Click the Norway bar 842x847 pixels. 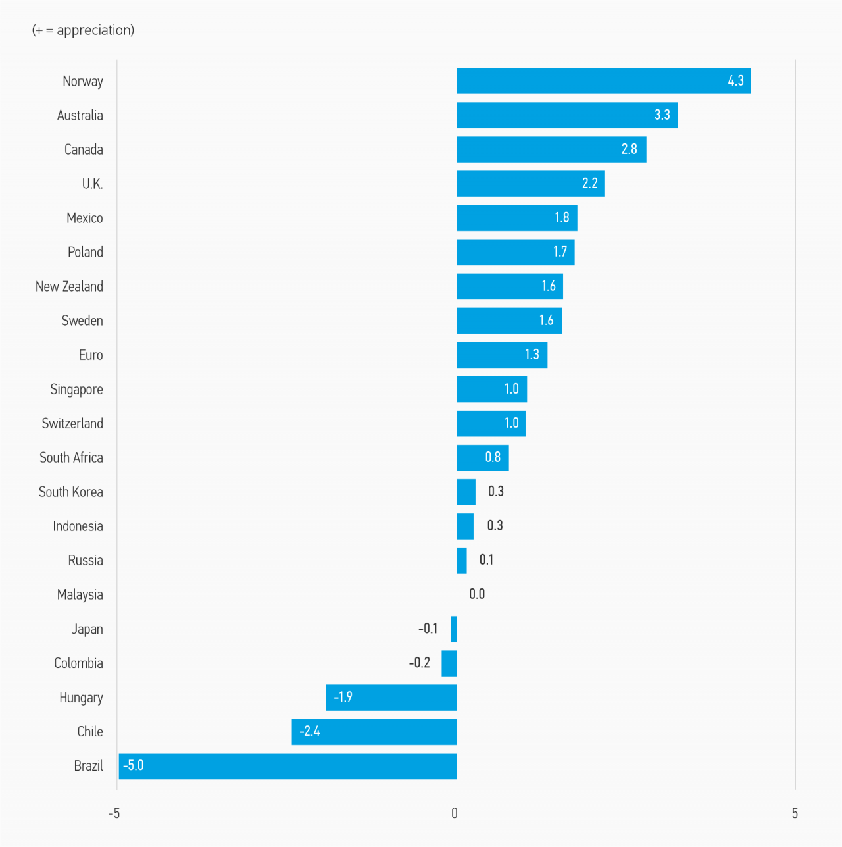[603, 81]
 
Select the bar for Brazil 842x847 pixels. [287, 766]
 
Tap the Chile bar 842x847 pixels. [374, 732]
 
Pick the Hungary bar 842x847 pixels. [391, 698]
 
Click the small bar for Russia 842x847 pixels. [462, 561]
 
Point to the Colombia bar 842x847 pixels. [449, 663]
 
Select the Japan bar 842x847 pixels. [454, 629]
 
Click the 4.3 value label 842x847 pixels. [735, 81]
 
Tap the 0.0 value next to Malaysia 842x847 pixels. [477, 594]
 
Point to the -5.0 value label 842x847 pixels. [134, 765]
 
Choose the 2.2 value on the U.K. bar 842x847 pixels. [589, 183]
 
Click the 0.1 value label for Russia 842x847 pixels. [486, 560]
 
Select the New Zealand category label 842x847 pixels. [69, 286]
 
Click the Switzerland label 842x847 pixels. [72, 423]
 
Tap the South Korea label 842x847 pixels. [70, 492]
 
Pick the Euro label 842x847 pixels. [91, 355]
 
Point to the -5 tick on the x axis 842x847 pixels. [114, 813]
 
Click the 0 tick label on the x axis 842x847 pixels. [455, 813]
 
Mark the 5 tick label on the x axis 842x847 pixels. [795, 813]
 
